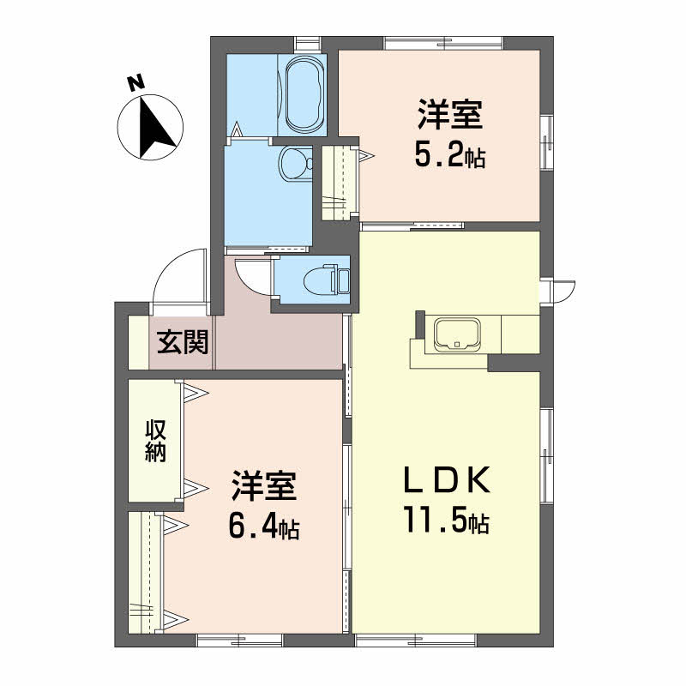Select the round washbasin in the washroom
click(x=295, y=163)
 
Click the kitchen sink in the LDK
click(x=457, y=334)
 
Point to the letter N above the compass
click(x=135, y=82)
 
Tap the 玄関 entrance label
click(x=183, y=341)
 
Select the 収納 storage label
click(x=155, y=441)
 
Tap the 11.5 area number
click(x=436, y=519)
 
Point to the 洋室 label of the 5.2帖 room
click(x=450, y=115)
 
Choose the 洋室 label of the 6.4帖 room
click(x=265, y=485)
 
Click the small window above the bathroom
click(x=308, y=44)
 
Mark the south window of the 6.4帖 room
click(x=240, y=640)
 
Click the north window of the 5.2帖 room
click(x=443, y=43)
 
